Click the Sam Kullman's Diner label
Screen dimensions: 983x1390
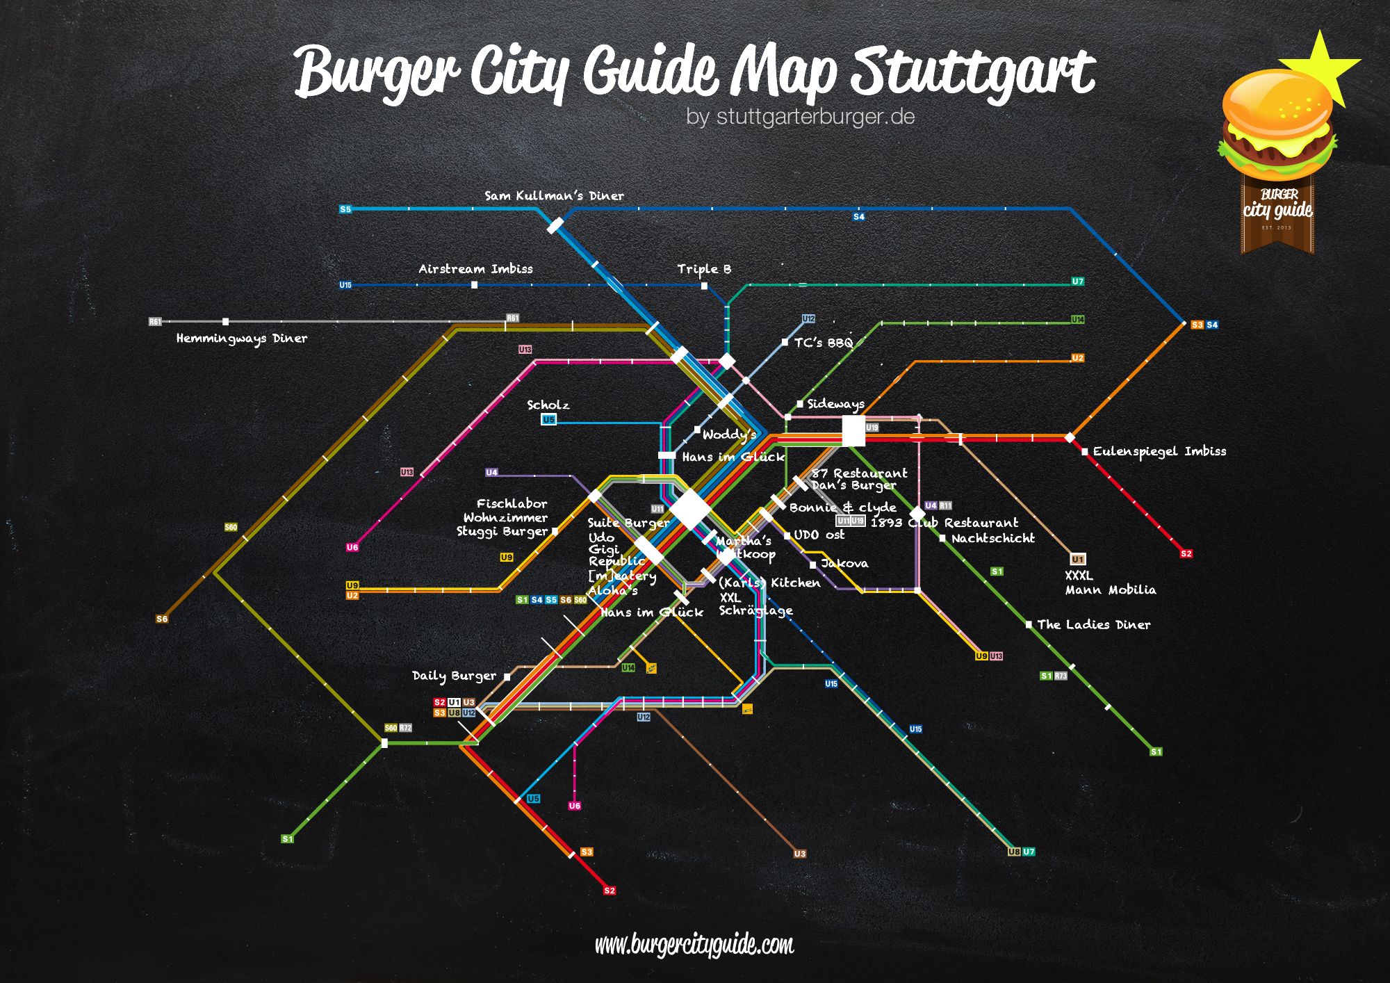pyautogui.click(x=554, y=196)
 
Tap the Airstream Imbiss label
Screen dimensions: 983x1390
pyautogui.click(x=475, y=269)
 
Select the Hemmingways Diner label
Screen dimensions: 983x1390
pyautogui.click(x=241, y=339)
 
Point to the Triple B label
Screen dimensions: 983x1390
pyautogui.click(x=704, y=269)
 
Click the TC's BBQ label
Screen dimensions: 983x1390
pyautogui.click(x=823, y=343)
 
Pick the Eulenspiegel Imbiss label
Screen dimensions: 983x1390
pyautogui.click(x=1159, y=451)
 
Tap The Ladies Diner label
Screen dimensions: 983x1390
pyautogui.click(x=1093, y=624)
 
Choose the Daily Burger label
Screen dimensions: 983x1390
pyautogui.click(x=454, y=676)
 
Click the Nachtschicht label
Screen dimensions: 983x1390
pyautogui.click(x=992, y=538)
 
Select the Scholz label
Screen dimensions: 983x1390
pyautogui.click(x=548, y=405)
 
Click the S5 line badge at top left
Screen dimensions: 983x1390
pyautogui.click(x=345, y=209)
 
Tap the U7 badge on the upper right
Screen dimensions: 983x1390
pyautogui.click(x=1077, y=282)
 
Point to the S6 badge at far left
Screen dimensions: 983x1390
pyautogui.click(x=162, y=619)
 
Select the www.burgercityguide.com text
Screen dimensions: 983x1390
pyautogui.click(x=694, y=945)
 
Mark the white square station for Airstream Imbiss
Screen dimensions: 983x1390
pyautogui.click(x=474, y=285)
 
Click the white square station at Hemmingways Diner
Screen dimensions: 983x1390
pyautogui.click(x=225, y=322)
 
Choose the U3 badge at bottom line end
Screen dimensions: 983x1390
pyautogui.click(x=800, y=854)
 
